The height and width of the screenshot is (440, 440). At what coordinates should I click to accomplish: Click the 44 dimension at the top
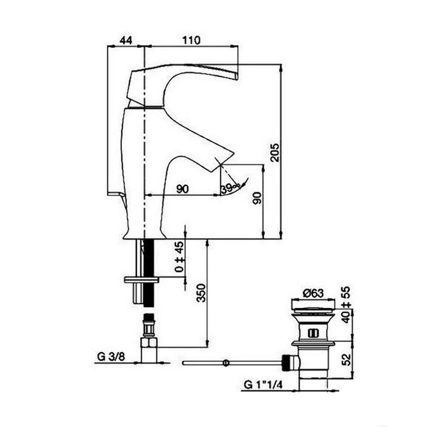tap(126, 40)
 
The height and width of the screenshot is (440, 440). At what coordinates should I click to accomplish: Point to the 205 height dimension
tap(274, 151)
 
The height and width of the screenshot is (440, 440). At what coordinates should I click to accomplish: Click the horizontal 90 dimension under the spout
tap(183, 189)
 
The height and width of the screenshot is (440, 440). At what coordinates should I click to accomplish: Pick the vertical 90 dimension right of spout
tap(256, 199)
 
